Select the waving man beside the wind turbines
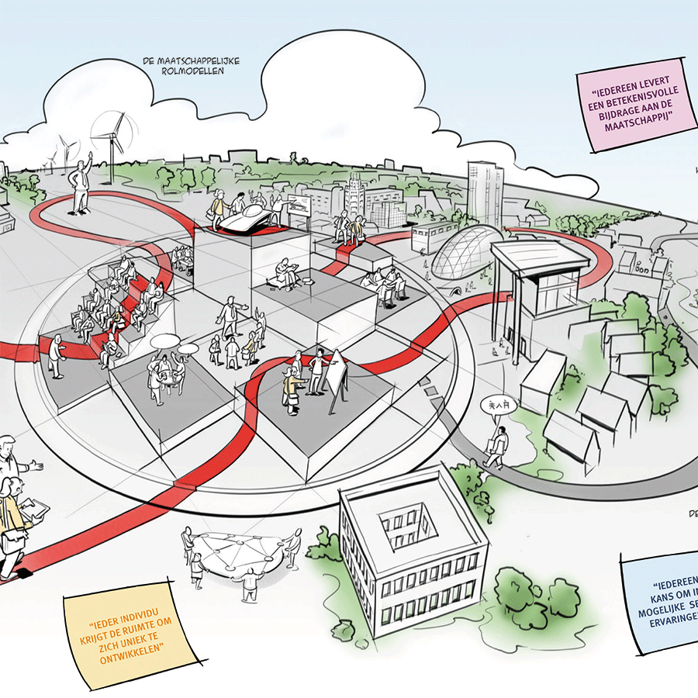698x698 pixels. coord(81,186)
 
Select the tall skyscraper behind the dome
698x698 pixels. coord(485,194)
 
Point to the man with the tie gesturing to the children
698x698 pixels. coord(230,317)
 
